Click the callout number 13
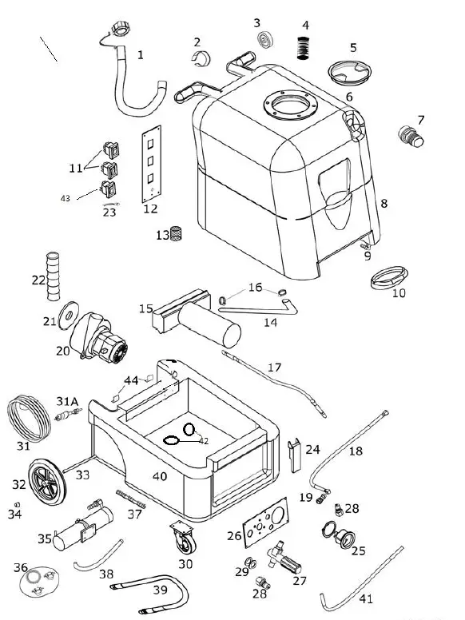[x=162, y=235]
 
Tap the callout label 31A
[x=66, y=400]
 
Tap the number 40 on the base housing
[x=160, y=476]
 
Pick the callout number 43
[x=66, y=197]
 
